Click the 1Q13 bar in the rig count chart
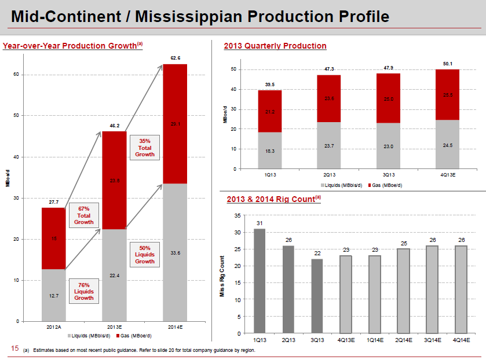coord(259,281)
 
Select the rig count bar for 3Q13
coord(316,296)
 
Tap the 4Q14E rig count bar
coord(461,289)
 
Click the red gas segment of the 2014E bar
coord(175,124)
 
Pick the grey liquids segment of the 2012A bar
coord(53,295)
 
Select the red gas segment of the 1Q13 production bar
coord(270,111)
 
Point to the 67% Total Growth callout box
coord(83,215)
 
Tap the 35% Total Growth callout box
coord(144,148)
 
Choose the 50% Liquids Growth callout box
coord(144,255)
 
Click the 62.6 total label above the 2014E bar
coord(175,58)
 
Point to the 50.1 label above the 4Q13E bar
coord(447,64)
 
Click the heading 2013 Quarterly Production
coord(275,46)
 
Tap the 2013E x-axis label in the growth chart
coord(114,327)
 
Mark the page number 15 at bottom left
coord(15,349)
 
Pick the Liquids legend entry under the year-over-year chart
coord(89,336)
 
